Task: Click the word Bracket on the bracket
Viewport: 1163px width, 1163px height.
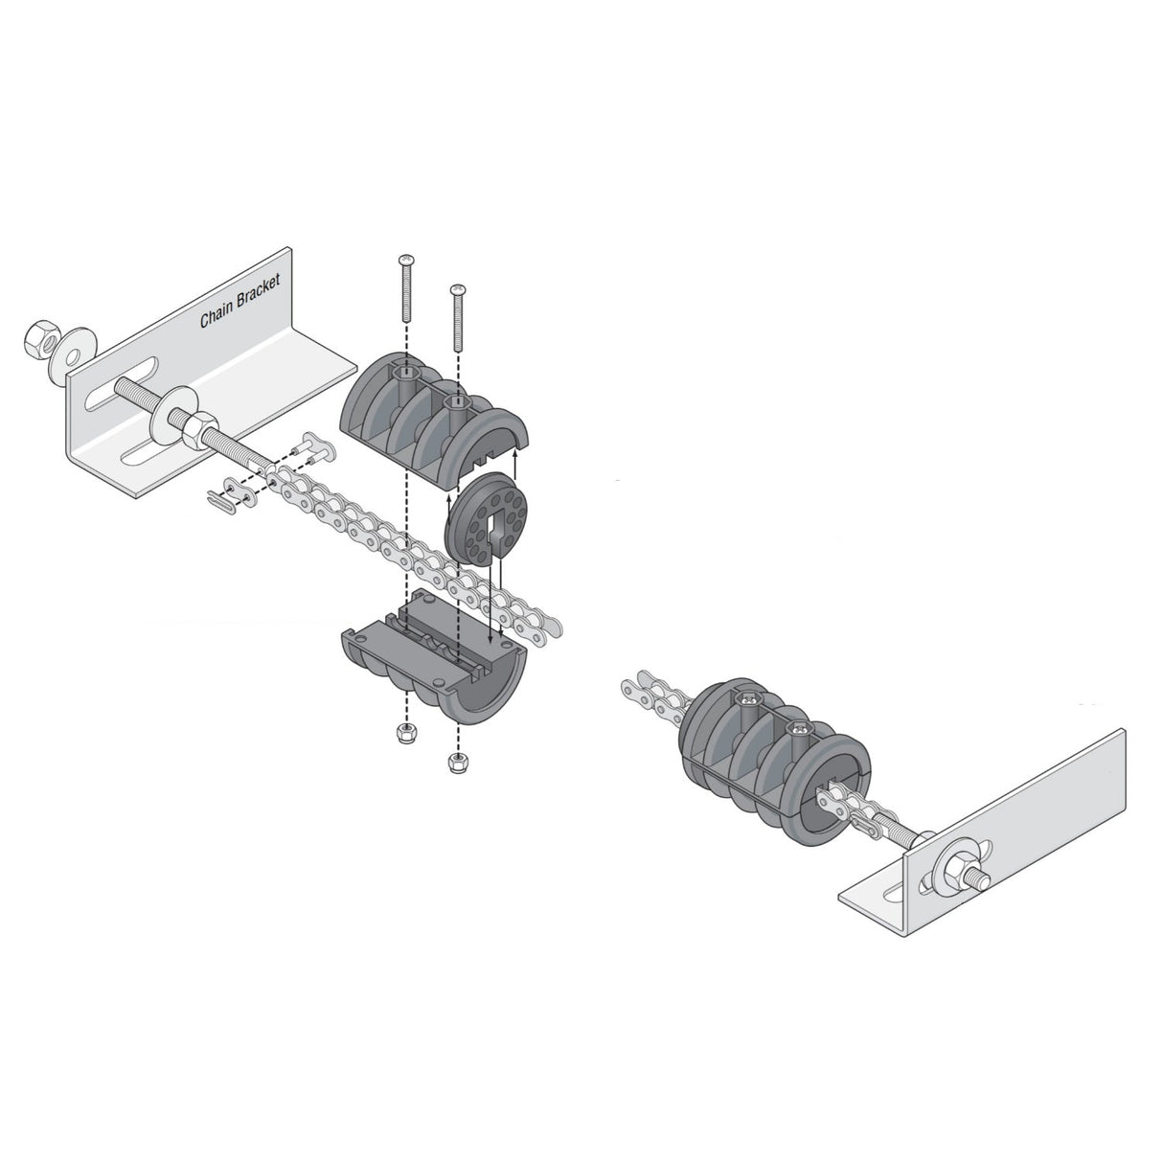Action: click(x=256, y=293)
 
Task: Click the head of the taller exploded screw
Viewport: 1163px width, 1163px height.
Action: click(x=406, y=261)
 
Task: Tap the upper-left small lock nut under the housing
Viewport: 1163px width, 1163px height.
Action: click(x=404, y=733)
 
